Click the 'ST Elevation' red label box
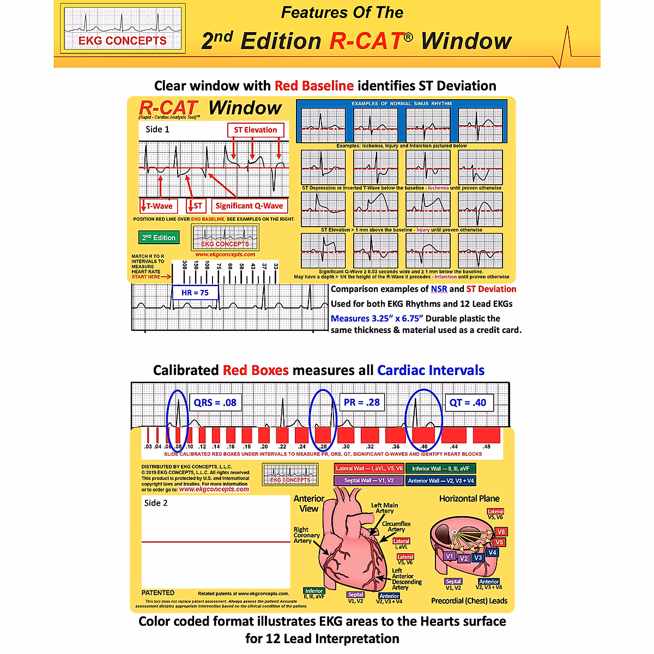[255, 130]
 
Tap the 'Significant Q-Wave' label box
[249, 205]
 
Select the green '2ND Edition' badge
[159, 238]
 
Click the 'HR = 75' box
[195, 293]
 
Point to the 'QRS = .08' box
[215, 403]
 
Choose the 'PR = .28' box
[362, 402]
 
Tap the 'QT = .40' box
[468, 403]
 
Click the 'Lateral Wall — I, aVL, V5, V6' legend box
[369, 468]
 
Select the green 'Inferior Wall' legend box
[440, 468]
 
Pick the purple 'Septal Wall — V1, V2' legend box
[369, 481]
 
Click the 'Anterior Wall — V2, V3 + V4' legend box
[440, 481]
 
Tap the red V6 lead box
[501, 531]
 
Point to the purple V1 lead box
[449, 556]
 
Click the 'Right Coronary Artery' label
[306, 535]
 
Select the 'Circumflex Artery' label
[396, 526]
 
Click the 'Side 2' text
[156, 503]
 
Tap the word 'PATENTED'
[158, 593]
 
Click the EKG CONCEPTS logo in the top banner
[122, 28]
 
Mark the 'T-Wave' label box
[159, 206]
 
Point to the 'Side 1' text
[158, 129]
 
